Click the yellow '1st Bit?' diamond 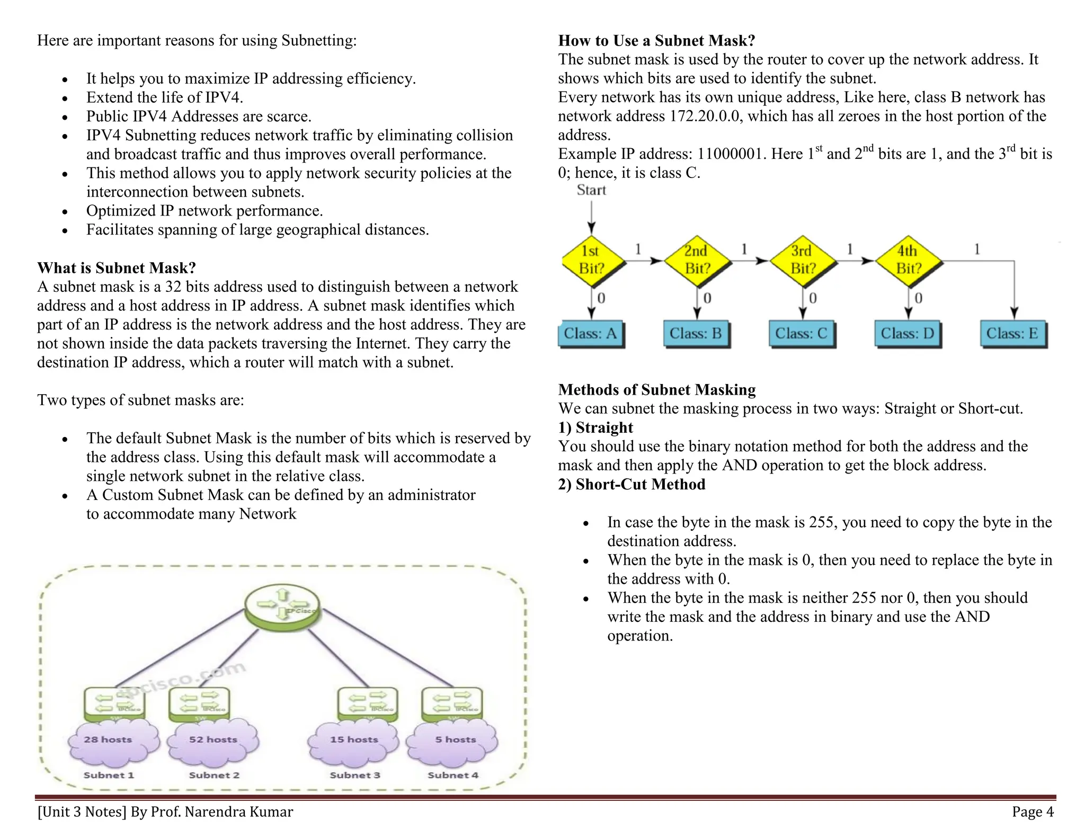pos(592,260)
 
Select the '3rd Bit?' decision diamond pos(803,260)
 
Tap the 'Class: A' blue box pos(591,334)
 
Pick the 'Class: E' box pos(1012,334)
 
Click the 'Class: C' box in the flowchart pos(802,334)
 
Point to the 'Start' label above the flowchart pos(591,190)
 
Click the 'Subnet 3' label pos(355,775)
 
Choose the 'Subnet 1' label pos(109,775)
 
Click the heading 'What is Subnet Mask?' pos(117,268)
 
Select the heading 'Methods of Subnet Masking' pos(657,390)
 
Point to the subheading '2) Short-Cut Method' pos(632,484)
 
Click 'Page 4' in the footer pos(1033,812)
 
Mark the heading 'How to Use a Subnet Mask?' pos(656,41)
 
